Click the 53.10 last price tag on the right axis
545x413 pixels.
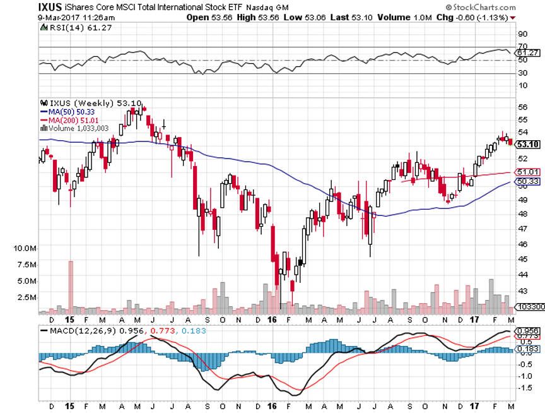pyautogui.click(x=528, y=145)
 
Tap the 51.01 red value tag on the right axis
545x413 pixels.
pyautogui.click(x=528, y=172)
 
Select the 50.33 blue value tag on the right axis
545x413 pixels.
pyautogui.click(x=528, y=182)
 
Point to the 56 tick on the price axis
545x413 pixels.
pyautogui.click(x=522, y=108)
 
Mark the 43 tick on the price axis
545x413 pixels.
pyautogui.click(x=522, y=291)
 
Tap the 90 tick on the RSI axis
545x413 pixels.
pyautogui.click(x=522, y=34)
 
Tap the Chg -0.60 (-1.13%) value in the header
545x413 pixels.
pyautogui.click(x=469, y=17)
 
